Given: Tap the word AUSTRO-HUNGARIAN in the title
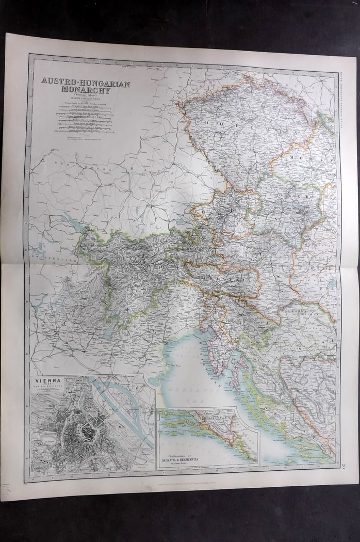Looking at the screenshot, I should coord(82,83).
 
